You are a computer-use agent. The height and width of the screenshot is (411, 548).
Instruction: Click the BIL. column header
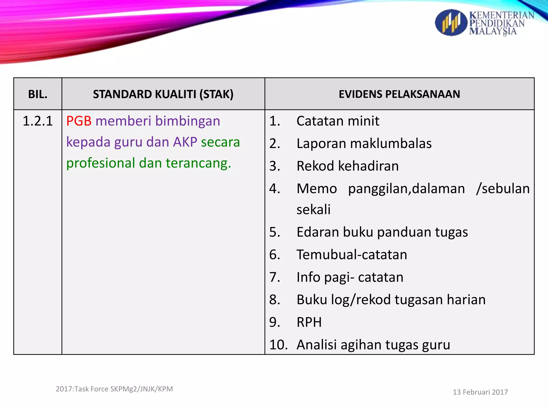38,94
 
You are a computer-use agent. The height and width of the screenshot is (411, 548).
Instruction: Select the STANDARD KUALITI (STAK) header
163,94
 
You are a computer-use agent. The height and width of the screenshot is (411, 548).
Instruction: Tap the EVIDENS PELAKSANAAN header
399,94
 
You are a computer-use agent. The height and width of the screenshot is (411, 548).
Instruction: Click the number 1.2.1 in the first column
38,121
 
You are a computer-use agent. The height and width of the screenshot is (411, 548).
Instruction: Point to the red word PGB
79,121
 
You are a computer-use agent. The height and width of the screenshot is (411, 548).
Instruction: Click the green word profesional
101,163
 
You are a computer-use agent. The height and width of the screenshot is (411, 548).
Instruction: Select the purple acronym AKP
185,142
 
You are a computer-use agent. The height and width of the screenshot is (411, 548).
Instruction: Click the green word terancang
198,163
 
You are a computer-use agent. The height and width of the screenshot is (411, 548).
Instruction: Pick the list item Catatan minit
338,121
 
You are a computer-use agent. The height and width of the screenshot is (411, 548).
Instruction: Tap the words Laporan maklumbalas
364,143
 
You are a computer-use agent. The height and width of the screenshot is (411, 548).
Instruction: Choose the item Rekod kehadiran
348,166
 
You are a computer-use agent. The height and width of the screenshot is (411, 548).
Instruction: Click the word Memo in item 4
317,189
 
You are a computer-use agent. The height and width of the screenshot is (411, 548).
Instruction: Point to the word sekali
314,210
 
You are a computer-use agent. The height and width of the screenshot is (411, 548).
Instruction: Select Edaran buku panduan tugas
382,232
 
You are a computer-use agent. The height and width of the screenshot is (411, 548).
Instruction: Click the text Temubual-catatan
352,254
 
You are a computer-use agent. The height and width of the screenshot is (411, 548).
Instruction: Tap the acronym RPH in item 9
309,322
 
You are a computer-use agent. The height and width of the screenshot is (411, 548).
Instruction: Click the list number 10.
278,345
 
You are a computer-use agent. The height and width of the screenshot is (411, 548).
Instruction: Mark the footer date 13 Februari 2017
480,392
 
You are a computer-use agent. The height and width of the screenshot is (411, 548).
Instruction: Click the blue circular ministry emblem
451,23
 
